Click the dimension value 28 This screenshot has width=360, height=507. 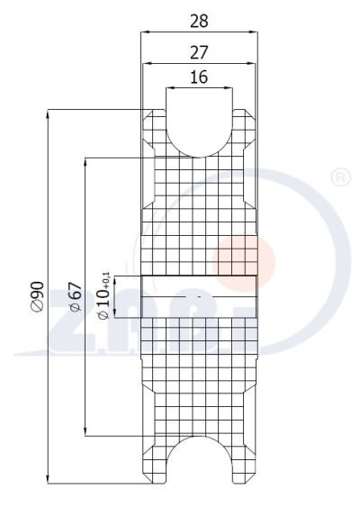[x=199, y=21]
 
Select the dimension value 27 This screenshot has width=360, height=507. [x=199, y=52]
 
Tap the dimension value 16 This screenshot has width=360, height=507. [x=199, y=77]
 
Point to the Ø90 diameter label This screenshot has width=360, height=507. [x=38, y=296]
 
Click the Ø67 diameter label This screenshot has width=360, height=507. [x=76, y=296]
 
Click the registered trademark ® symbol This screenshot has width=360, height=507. [x=341, y=177]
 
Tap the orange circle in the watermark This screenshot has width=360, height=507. [x=243, y=261]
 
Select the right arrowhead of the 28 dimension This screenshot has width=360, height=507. [x=254, y=32]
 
